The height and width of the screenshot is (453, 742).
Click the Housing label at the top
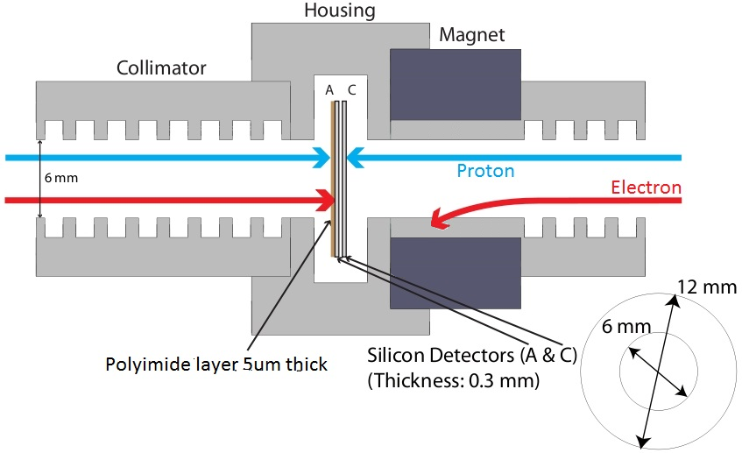(x=339, y=11)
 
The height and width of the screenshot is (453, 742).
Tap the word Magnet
(x=471, y=36)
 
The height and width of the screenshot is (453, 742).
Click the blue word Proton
(x=484, y=170)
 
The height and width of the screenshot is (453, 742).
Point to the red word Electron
(x=646, y=188)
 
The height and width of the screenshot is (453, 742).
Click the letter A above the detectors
(x=329, y=89)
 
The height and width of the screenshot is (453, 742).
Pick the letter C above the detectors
(x=351, y=89)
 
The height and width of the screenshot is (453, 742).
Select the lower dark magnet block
(x=455, y=275)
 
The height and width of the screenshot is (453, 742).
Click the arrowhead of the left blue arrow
(x=322, y=158)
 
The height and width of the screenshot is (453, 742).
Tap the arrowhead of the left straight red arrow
(x=324, y=201)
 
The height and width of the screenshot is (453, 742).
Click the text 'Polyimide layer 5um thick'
(x=216, y=364)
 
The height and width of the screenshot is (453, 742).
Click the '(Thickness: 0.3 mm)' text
(x=453, y=383)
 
